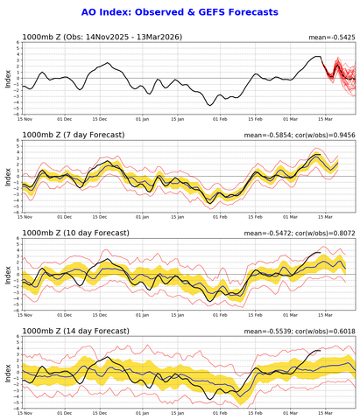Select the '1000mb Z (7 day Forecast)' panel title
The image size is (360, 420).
pyautogui.click(x=74, y=135)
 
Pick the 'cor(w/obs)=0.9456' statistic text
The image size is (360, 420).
pyautogui.click(x=323, y=135)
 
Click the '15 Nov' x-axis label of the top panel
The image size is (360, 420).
pyautogui.click(x=23, y=119)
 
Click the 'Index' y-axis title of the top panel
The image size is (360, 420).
pyautogui.click(x=6, y=80)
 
